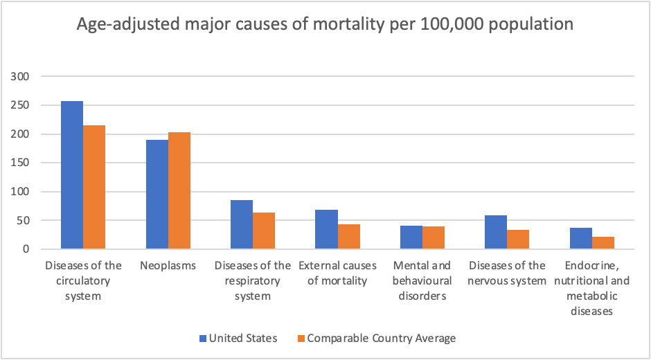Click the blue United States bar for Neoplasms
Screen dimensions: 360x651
[x=157, y=194]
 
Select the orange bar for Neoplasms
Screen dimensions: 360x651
[x=179, y=190]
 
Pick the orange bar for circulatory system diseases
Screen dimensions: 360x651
[x=94, y=187]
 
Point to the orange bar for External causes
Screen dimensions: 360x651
[x=348, y=236]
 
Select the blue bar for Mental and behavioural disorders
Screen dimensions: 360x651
[x=411, y=237]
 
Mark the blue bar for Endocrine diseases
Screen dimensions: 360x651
[x=581, y=238]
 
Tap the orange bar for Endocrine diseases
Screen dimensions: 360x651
[x=603, y=242]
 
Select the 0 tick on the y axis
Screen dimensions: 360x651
[x=28, y=249]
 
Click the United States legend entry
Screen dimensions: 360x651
[x=238, y=339]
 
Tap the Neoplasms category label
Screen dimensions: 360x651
[x=168, y=266]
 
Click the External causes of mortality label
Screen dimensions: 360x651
[x=337, y=273]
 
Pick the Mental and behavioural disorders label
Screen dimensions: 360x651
[x=422, y=280]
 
